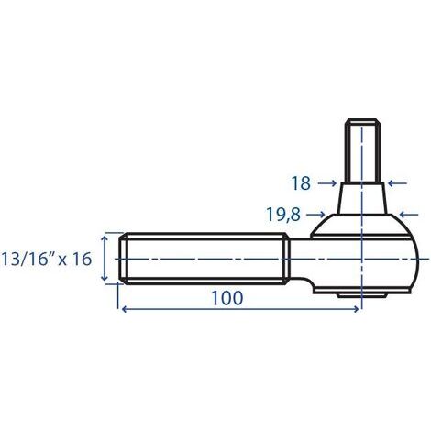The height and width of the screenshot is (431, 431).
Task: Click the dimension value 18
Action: coord(301,183)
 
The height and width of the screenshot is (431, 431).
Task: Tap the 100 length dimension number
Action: coord(226,298)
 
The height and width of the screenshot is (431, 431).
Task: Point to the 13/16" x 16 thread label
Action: coord(47,259)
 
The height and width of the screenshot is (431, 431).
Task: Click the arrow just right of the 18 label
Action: coord(326,183)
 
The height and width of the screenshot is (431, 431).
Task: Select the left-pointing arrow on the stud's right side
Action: coord(396,183)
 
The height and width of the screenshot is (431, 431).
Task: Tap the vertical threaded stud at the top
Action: coord(362,151)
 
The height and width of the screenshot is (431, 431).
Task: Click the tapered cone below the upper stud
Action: coord(362,198)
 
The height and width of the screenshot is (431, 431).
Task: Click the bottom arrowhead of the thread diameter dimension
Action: coord(105,279)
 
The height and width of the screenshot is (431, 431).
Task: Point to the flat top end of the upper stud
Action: coord(362,121)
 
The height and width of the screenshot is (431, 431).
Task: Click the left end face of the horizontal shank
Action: coord(120,259)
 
